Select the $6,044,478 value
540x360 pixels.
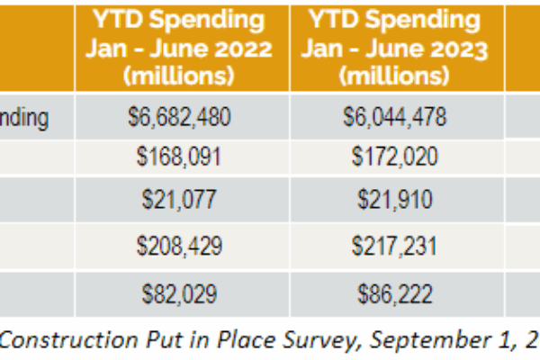point(392,117)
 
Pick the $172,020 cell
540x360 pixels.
point(392,157)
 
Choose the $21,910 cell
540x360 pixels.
point(392,199)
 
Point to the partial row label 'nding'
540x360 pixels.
point(24,117)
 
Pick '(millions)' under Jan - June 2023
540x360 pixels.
point(392,76)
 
